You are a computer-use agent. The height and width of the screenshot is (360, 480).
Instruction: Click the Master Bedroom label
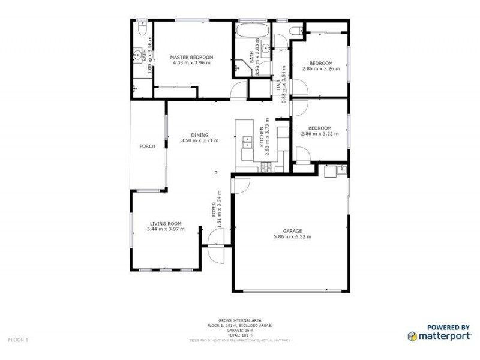(191, 57)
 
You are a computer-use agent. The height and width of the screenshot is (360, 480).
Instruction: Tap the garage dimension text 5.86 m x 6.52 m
(292, 236)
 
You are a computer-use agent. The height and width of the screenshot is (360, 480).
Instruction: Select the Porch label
(147, 146)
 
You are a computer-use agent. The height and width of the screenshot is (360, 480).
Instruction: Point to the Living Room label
(166, 223)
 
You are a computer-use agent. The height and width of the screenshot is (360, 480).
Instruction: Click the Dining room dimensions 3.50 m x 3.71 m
(199, 140)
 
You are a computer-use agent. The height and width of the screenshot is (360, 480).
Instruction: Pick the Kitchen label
(260, 137)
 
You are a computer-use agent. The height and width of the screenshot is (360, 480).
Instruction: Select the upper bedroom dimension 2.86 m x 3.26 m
(320, 68)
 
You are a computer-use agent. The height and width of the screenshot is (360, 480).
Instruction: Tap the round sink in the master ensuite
(138, 55)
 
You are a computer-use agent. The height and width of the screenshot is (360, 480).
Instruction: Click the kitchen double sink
(246, 142)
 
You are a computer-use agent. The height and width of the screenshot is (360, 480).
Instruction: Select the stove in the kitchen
(267, 167)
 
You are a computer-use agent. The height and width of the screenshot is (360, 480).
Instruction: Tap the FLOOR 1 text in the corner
(18, 340)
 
